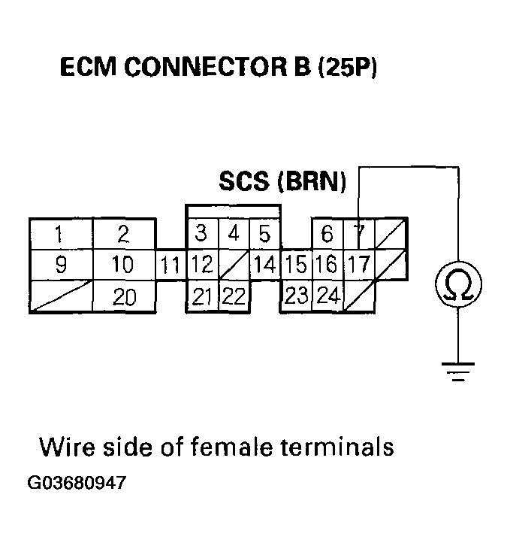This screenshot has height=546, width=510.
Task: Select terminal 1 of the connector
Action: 59,235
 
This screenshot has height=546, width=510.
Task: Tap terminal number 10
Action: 123,265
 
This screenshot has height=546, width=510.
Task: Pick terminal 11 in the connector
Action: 171,265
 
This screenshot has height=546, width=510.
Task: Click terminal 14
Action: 264,265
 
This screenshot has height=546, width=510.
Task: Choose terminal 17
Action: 360,265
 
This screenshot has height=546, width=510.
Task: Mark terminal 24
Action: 327,296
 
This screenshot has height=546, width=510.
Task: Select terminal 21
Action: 201,296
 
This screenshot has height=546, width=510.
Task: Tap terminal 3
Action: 201,235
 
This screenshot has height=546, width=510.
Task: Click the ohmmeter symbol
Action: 458,285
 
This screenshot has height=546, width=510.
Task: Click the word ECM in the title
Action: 88,69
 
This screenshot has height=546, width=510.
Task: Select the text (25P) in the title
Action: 346,69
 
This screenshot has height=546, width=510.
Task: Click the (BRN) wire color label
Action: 312,183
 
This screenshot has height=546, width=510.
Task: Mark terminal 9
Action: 59,265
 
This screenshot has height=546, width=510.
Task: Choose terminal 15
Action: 295,265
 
